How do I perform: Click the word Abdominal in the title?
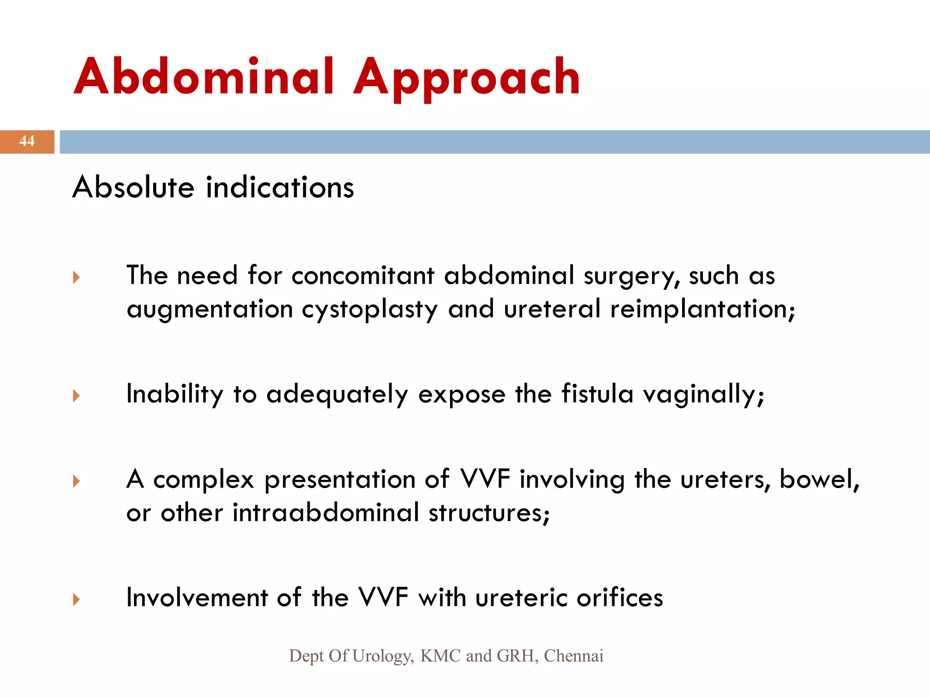203,77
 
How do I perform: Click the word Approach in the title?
466,78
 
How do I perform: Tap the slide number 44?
27,141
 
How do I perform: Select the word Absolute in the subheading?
134,187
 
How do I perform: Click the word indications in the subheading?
280,187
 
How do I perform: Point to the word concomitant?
362,276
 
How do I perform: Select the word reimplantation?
702,309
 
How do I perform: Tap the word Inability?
174,394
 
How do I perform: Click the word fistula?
597,394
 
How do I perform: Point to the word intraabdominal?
326,513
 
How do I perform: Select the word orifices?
619,598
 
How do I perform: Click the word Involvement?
197,598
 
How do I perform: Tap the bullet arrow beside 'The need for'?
76,277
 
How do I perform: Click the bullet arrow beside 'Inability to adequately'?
76,396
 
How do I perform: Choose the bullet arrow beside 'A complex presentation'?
76,481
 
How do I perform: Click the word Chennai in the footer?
574,656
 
